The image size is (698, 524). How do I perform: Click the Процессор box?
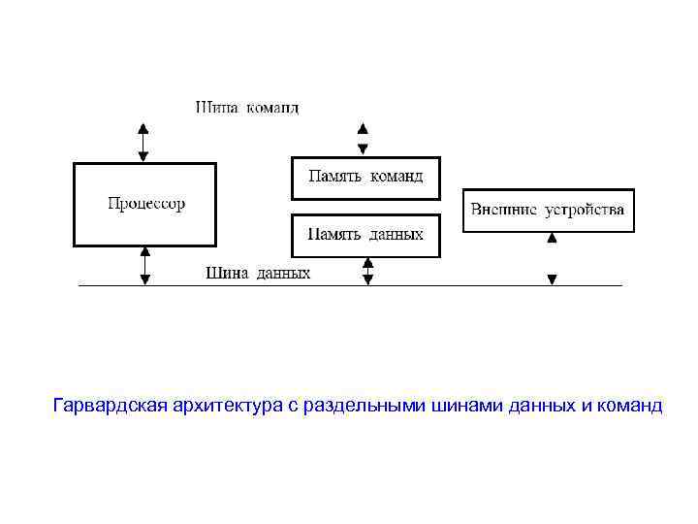tap(145, 205)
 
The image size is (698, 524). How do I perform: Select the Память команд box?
tap(365, 177)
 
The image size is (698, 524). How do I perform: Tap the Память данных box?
tap(365, 235)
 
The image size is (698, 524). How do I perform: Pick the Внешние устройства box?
tap(549, 210)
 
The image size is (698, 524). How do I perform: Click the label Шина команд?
tap(247, 108)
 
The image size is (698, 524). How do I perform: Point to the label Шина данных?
tap(258, 274)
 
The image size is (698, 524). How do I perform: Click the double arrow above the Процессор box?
tap(143, 142)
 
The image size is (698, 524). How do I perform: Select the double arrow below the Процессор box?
tap(145, 265)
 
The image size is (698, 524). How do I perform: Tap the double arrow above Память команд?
tap(363, 138)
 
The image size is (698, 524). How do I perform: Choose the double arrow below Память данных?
tap(367, 270)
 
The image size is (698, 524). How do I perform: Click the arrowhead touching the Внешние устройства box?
tap(552, 238)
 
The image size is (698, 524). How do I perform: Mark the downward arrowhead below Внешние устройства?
tap(552, 279)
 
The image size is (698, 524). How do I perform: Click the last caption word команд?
tap(631, 405)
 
